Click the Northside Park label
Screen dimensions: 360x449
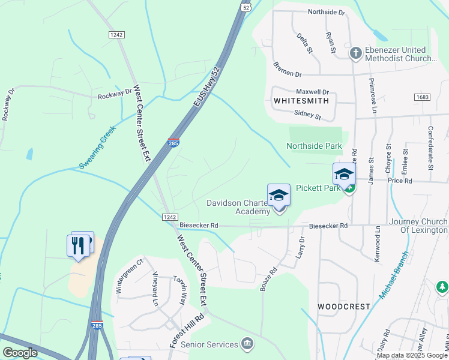[x=314, y=146]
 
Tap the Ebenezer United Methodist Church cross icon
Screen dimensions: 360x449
[x=355, y=53]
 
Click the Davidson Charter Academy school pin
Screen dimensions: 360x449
[x=279, y=196]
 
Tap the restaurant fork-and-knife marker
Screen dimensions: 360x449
[x=78, y=245]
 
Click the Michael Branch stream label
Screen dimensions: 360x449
[x=394, y=275]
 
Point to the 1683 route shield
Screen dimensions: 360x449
[x=422, y=97]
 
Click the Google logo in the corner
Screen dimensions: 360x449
[x=20, y=352]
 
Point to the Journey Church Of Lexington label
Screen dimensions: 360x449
[x=418, y=226]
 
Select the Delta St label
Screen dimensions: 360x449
[x=305, y=43]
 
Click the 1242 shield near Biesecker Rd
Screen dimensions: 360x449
[x=169, y=217]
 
